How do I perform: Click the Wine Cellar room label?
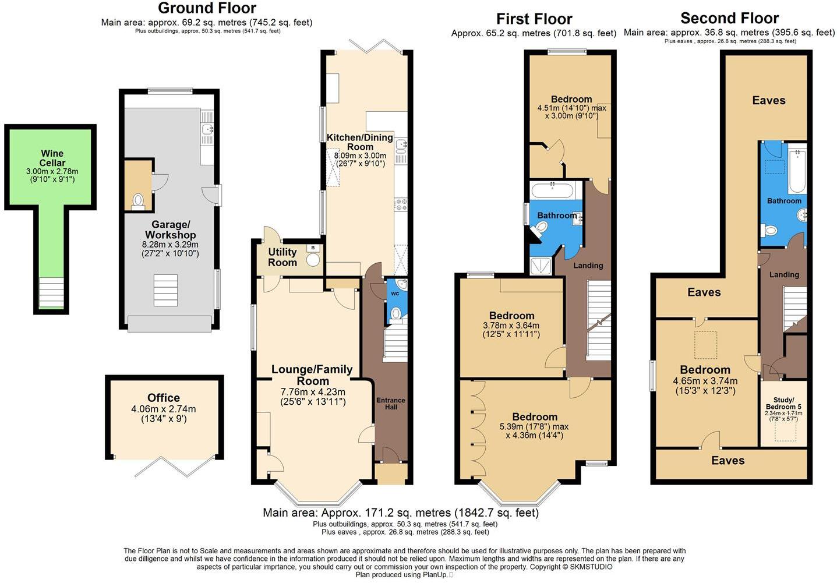tap(52, 158)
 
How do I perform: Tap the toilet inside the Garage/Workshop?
tap(138, 201)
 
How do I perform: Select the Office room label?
tap(163, 398)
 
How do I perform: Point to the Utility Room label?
tap(282, 257)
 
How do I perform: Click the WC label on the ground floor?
tap(394, 293)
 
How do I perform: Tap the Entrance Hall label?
tap(390, 403)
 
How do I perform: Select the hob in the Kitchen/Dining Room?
tap(401, 204)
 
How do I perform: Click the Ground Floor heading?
tap(207, 8)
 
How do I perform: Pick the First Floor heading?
tap(534, 19)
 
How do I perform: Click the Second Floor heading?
tap(729, 18)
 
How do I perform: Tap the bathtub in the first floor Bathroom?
tap(552, 189)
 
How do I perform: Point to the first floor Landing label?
tap(588, 266)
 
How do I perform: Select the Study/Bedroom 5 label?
tap(783, 403)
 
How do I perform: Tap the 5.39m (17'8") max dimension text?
tap(535, 426)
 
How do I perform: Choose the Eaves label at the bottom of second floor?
tap(727, 461)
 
